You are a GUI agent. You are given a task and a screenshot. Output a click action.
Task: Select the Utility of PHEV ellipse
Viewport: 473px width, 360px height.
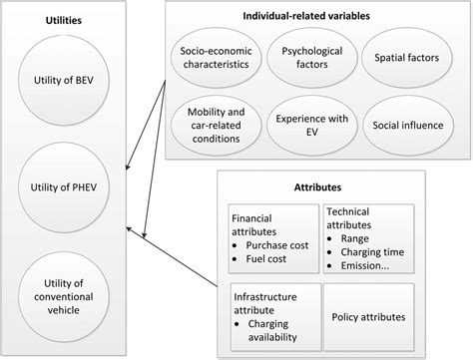pyautogui.click(x=63, y=184)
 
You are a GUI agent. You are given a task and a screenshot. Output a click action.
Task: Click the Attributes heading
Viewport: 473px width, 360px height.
pyautogui.click(x=327, y=185)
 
